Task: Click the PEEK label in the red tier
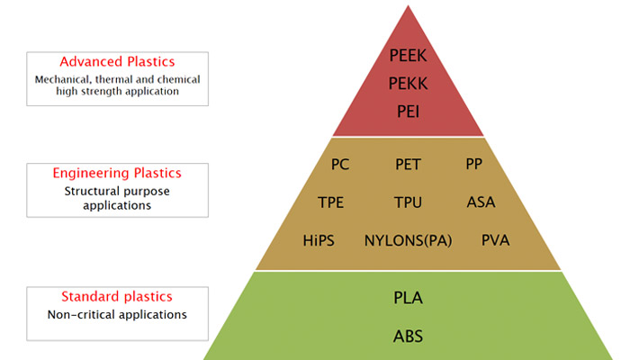click(x=408, y=56)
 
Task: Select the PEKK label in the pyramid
click(x=408, y=84)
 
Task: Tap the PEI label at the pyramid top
click(x=408, y=112)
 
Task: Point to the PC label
click(x=340, y=165)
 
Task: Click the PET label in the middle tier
click(x=408, y=165)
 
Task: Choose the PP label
click(x=473, y=164)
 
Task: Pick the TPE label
click(x=330, y=202)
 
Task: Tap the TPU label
click(x=408, y=202)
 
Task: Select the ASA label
click(x=481, y=202)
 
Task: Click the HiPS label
click(x=319, y=240)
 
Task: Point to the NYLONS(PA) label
click(x=408, y=240)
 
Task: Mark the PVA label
click(x=495, y=240)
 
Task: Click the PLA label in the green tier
click(x=408, y=298)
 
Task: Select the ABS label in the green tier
click(x=408, y=337)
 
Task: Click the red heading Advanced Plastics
click(x=117, y=61)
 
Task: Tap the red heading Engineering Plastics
click(x=117, y=173)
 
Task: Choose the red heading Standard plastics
click(x=117, y=296)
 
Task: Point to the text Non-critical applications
click(x=117, y=314)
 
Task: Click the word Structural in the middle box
click(x=89, y=191)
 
